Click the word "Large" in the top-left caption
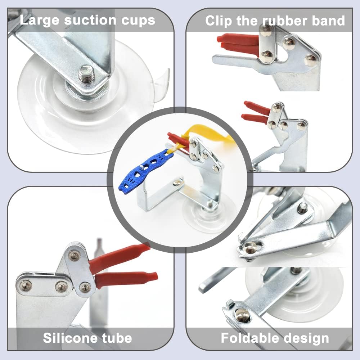click(x=39, y=20)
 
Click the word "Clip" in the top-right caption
click(x=218, y=21)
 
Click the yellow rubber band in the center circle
click(x=212, y=137)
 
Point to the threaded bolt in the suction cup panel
click(x=86, y=74)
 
